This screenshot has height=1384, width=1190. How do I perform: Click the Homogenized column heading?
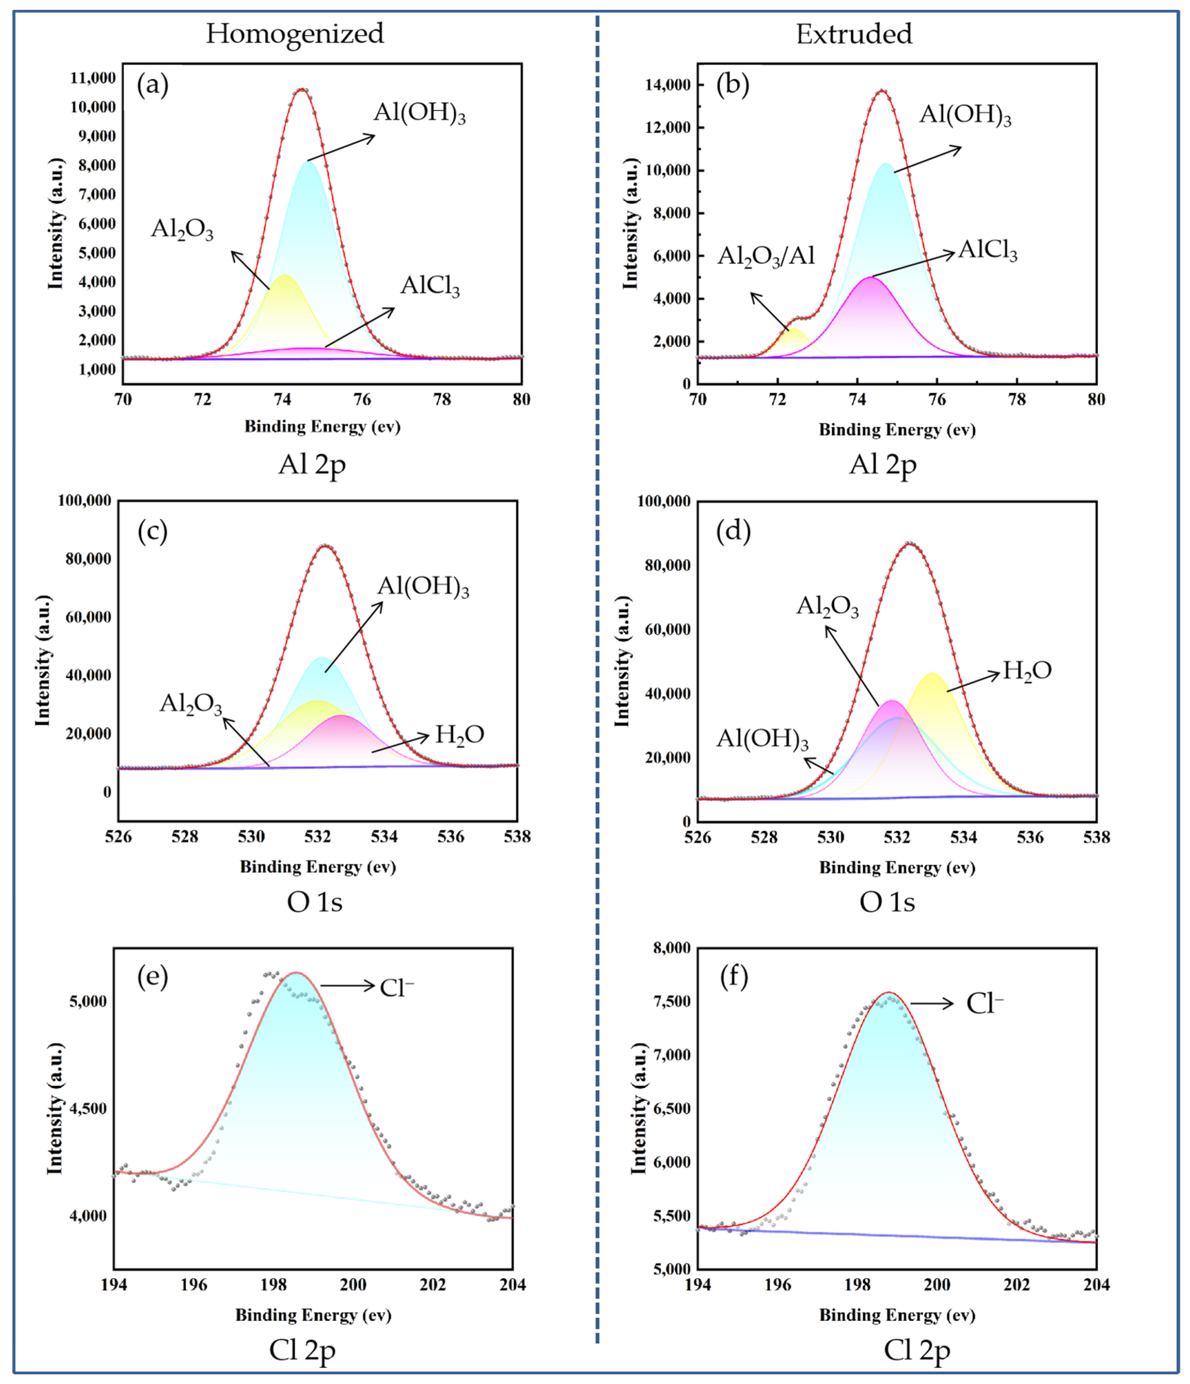pyautogui.click(x=295, y=33)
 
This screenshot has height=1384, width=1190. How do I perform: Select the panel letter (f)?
pyautogui.click(x=734, y=977)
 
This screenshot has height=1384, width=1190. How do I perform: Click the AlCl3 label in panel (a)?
pyautogui.click(x=430, y=286)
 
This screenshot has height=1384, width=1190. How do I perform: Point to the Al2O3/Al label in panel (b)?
pyautogui.click(x=766, y=256)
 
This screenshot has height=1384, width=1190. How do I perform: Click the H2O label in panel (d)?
pyautogui.click(x=1027, y=671)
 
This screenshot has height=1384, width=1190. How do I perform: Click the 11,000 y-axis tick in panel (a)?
pyautogui.click(x=93, y=78)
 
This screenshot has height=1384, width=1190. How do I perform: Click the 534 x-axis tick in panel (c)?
pyautogui.click(x=384, y=836)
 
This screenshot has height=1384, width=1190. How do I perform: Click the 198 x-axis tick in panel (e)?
pyautogui.click(x=273, y=1284)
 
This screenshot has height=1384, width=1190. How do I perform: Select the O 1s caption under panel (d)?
pyautogui.click(x=887, y=902)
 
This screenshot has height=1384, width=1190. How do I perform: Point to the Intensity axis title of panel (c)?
pyautogui.click(x=43, y=661)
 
